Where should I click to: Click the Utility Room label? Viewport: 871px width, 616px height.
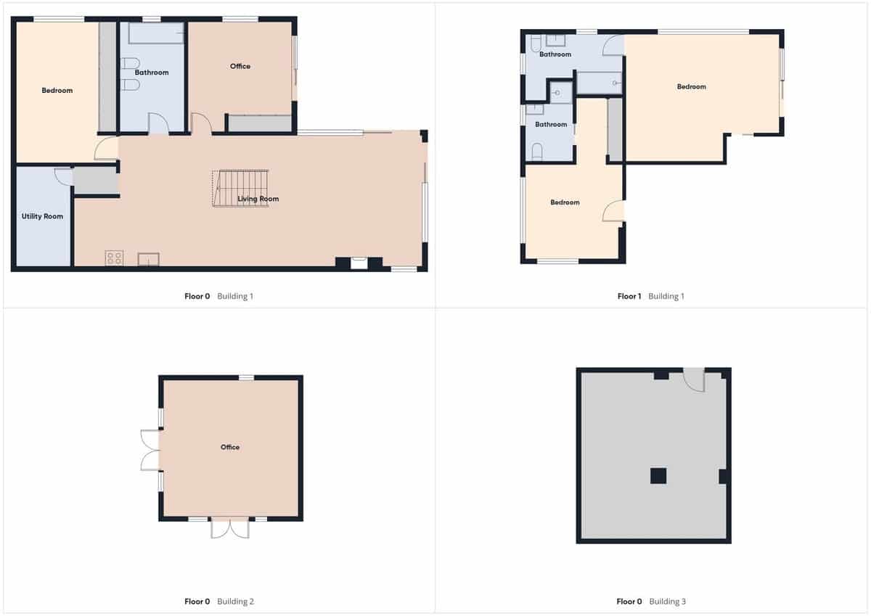[x=43, y=216]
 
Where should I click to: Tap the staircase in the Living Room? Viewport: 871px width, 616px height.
[x=242, y=189]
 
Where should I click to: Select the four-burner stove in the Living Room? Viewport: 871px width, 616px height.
[x=114, y=258]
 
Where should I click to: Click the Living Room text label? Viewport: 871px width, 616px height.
[x=258, y=199]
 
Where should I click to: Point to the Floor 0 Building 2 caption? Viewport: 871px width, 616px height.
[x=218, y=601]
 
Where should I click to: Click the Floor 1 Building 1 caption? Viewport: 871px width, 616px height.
[x=650, y=296]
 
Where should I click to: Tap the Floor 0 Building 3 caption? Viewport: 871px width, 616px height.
[x=650, y=601]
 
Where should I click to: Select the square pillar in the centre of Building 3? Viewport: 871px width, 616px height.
[x=658, y=476]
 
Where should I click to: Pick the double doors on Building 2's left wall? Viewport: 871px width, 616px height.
[x=150, y=450]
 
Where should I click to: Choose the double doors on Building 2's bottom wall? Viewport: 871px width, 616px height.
[x=229, y=528]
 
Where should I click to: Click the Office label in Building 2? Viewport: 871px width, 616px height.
[x=230, y=447]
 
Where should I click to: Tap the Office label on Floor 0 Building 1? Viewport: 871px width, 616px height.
[x=240, y=66]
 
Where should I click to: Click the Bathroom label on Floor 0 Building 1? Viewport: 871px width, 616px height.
[x=151, y=73]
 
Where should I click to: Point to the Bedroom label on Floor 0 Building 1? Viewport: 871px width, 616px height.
[x=57, y=91]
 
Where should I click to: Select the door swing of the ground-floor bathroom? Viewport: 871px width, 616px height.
[x=158, y=123]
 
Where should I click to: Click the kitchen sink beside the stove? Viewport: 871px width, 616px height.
[x=149, y=259]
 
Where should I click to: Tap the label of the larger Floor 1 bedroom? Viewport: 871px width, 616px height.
[x=691, y=87]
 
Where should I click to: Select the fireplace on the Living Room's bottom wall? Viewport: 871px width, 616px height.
[x=359, y=263]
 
